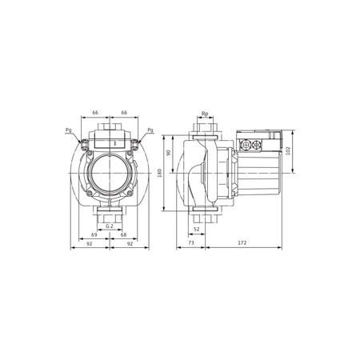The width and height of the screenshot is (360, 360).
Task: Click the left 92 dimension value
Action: click(x=90, y=244)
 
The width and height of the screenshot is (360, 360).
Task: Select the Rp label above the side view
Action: click(x=206, y=114)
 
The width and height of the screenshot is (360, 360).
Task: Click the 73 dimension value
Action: click(x=191, y=242)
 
